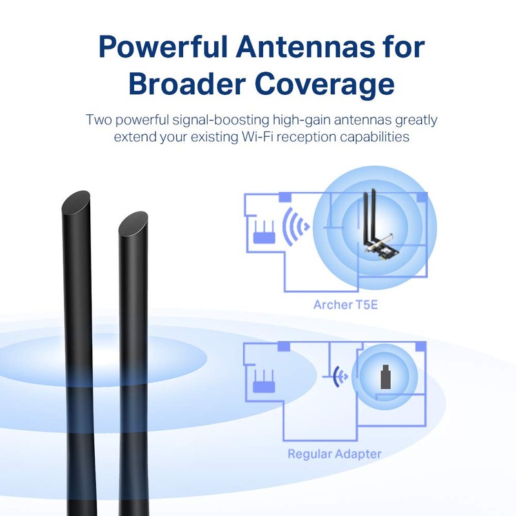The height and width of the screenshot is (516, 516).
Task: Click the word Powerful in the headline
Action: tap(163, 46)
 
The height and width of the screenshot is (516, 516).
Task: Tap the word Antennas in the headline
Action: tap(306, 46)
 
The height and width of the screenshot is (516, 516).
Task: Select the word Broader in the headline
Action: tap(187, 84)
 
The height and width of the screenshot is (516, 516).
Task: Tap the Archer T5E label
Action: tap(346, 304)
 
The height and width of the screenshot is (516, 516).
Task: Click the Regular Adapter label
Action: tap(334, 454)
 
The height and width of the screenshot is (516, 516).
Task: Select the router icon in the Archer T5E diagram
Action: tap(264, 232)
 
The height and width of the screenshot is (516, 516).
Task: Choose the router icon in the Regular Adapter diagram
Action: tap(264, 381)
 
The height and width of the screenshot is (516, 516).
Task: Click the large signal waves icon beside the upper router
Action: tap(295, 226)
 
